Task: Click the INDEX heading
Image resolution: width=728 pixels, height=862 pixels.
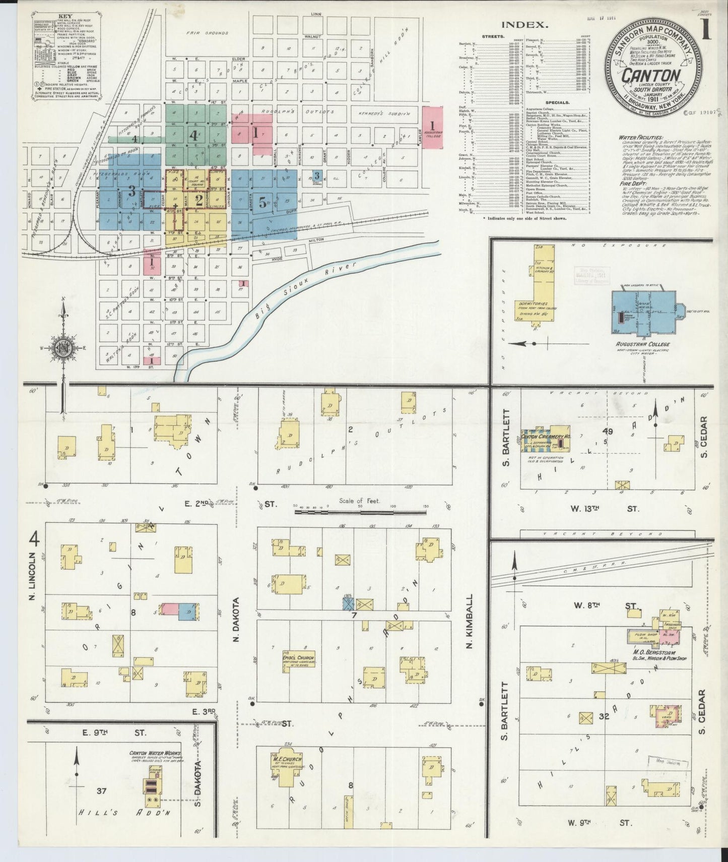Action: click(524, 24)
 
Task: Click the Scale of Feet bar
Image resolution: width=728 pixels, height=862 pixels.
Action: click(360, 512)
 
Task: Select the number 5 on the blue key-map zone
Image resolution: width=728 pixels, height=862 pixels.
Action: click(262, 202)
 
